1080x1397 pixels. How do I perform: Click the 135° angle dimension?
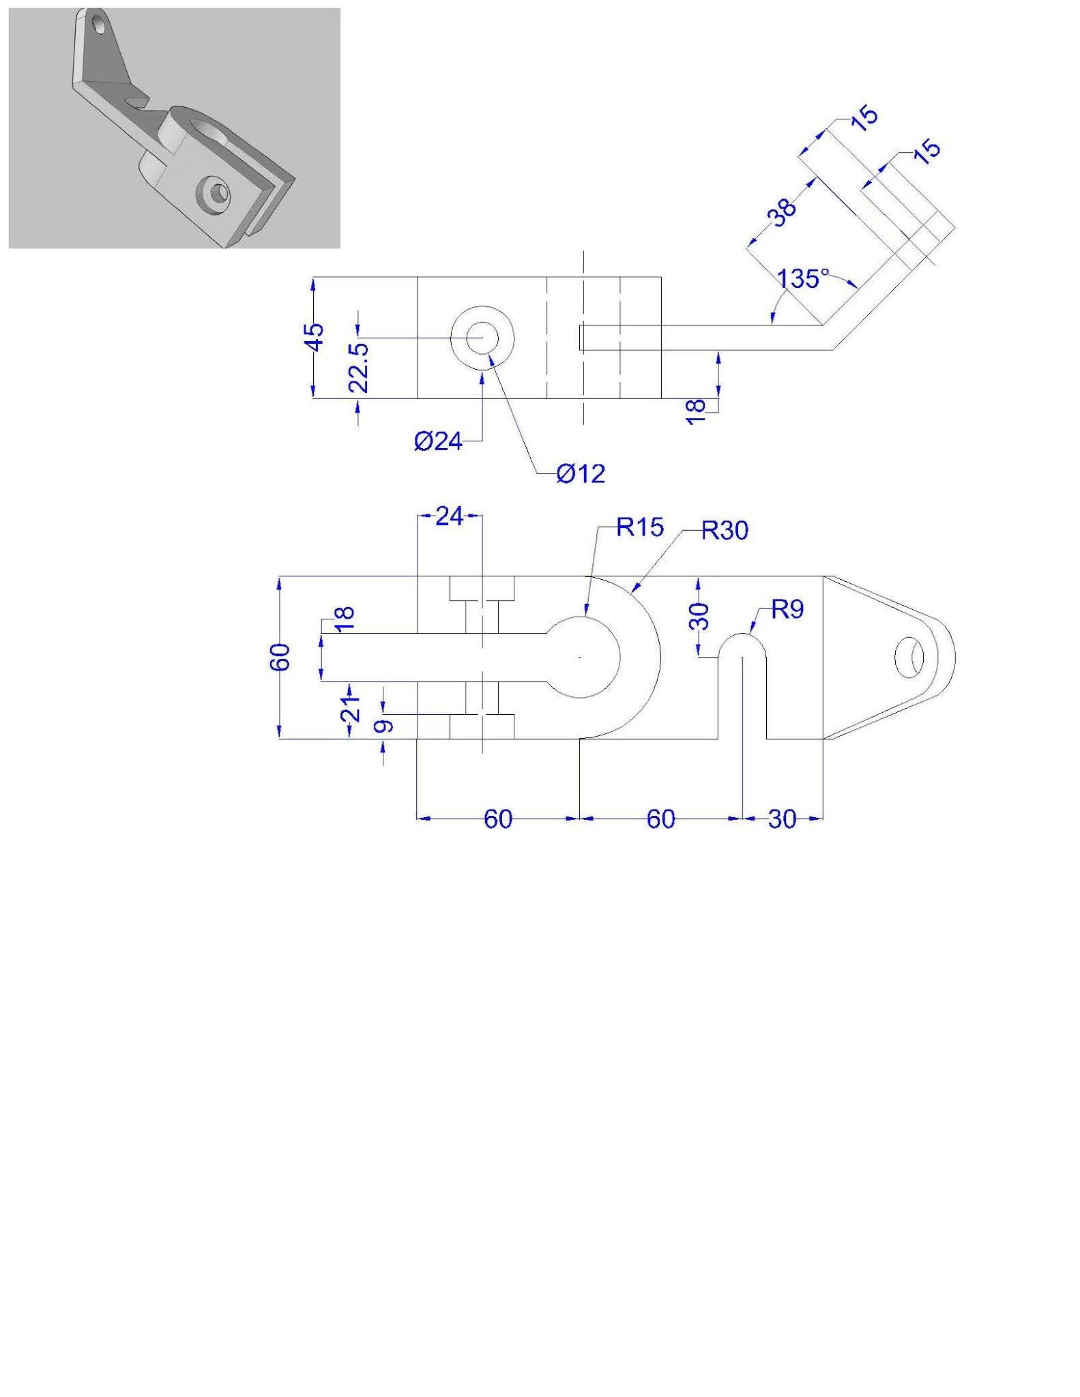pos(804,279)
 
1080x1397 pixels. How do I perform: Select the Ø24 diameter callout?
pos(438,442)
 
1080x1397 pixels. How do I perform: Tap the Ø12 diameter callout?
pos(581,473)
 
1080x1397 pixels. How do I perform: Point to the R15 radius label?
pos(640,527)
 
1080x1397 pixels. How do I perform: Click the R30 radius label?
pos(725,530)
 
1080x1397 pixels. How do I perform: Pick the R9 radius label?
pos(787,609)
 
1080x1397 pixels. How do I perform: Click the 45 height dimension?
pos(315,337)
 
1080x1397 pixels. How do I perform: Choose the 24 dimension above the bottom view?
pos(450,516)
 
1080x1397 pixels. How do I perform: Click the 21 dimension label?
pos(351,709)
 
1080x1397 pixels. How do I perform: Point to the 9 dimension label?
pos(385,726)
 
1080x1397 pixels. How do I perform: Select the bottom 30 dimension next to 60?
pos(782,819)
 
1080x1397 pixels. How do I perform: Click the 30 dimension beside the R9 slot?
pos(701,616)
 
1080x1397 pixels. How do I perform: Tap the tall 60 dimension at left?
pos(281,657)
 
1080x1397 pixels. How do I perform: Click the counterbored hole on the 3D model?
pos(214,194)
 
